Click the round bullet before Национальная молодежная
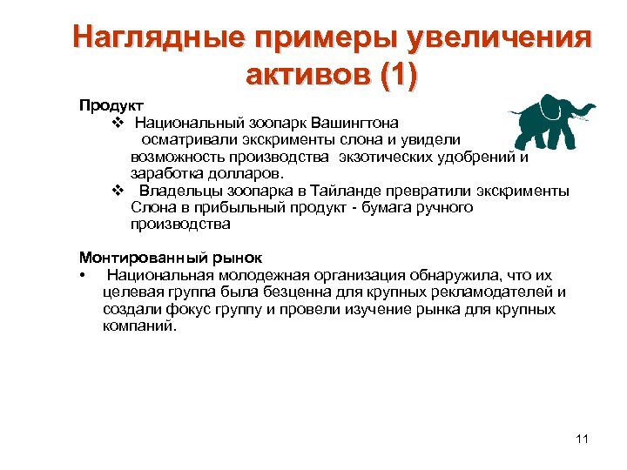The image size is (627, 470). click(81, 276)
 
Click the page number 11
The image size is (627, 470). click(582, 438)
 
